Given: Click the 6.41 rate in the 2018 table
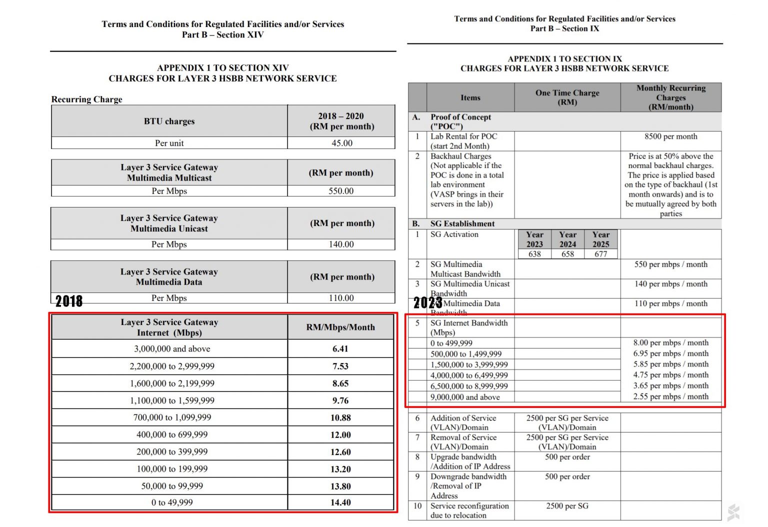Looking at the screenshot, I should point(340,349).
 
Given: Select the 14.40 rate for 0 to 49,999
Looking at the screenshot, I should point(340,502).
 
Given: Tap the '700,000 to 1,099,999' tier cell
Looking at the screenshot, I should point(172,417).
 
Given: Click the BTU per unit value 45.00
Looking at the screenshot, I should point(342,143).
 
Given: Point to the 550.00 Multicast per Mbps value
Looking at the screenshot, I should point(341,191).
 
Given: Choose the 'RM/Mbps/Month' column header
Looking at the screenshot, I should point(340,327).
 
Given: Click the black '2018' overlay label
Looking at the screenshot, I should point(69,301).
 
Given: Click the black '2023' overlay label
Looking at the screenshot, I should point(427,302).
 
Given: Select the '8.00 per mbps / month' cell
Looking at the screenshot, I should point(670,343).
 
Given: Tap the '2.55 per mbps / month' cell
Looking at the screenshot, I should point(670,396).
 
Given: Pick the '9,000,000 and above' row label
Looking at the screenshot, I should point(465,397).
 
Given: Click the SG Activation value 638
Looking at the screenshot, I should point(534,254).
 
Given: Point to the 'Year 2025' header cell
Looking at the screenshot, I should point(600,239).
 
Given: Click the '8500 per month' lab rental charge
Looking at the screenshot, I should point(670,136).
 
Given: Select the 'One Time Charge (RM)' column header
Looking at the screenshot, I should point(567,97).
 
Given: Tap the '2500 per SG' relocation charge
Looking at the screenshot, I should point(567,506).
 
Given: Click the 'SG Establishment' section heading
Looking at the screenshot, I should point(462,224).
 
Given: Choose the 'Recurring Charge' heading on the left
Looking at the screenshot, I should point(87,99).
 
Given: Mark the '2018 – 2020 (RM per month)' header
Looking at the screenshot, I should point(341,121).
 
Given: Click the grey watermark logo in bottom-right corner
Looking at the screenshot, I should point(733,513).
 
